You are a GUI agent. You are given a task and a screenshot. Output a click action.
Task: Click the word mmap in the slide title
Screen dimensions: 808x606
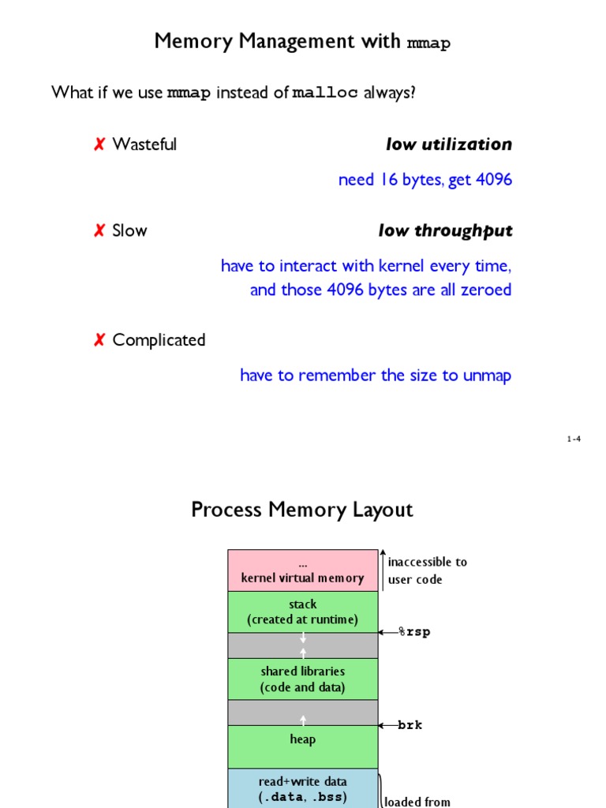coord(428,43)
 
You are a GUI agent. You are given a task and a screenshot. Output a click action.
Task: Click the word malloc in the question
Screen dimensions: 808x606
coord(325,94)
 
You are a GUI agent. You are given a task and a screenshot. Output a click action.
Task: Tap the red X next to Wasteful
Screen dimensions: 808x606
coord(99,144)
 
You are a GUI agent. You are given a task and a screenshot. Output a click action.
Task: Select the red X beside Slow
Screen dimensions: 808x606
coord(99,231)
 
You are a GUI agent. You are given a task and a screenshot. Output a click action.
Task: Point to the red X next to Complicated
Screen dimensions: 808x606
coord(99,341)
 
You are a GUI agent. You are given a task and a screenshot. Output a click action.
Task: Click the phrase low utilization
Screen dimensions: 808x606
coord(448,144)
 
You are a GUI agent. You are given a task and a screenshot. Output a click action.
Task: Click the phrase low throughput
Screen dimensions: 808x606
coord(445,231)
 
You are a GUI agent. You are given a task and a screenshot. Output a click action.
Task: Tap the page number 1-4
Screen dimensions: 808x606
coord(574,440)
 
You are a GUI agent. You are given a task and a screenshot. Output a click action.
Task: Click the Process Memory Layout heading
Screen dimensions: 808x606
coord(301,510)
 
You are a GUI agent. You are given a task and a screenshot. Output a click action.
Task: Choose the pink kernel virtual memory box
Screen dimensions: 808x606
coord(302,570)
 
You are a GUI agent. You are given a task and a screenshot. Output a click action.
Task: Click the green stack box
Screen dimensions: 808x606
coord(302,612)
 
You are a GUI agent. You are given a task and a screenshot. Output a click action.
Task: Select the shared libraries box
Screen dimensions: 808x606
coord(302,679)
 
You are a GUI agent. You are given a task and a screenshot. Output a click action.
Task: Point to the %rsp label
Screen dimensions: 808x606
coord(413,632)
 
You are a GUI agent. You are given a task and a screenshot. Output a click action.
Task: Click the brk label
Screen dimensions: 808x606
coord(410,725)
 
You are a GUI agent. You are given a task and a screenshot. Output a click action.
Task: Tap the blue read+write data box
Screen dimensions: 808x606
coord(302,788)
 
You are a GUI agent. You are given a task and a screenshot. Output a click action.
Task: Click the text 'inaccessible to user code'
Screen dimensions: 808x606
coord(427,570)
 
